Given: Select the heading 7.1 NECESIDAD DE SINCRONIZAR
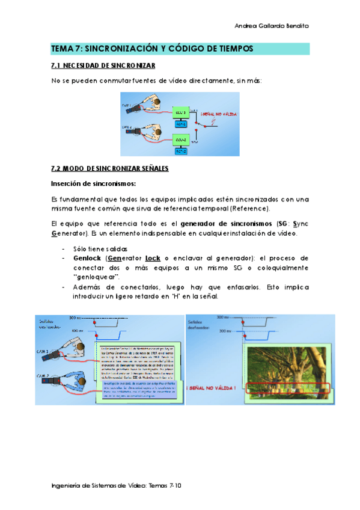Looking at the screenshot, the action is point(103,66).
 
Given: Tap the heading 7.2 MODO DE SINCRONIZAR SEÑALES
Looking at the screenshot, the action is point(109,168).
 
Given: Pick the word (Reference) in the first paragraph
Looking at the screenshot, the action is point(251,208).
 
